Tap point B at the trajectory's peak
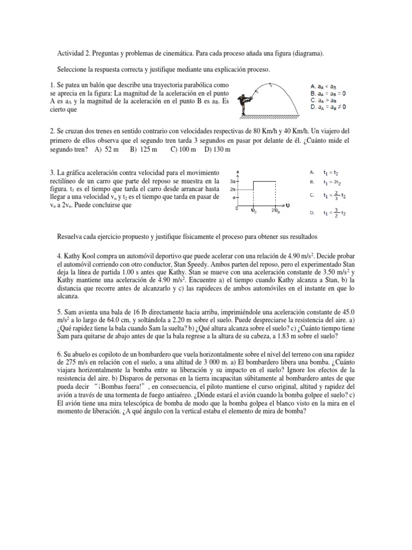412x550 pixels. tap(270, 85)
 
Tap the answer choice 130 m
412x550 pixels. tap(218, 150)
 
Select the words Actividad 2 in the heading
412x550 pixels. tap(74, 54)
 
